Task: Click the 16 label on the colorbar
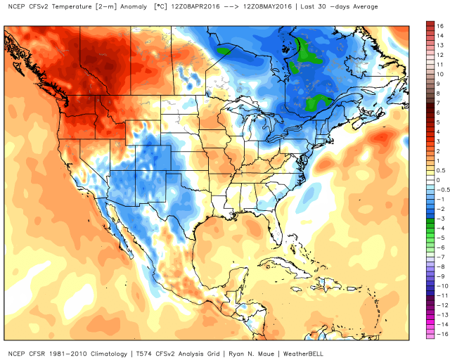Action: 439,25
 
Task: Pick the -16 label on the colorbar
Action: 439,336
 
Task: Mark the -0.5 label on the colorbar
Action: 440,190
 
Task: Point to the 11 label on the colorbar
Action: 439,63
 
